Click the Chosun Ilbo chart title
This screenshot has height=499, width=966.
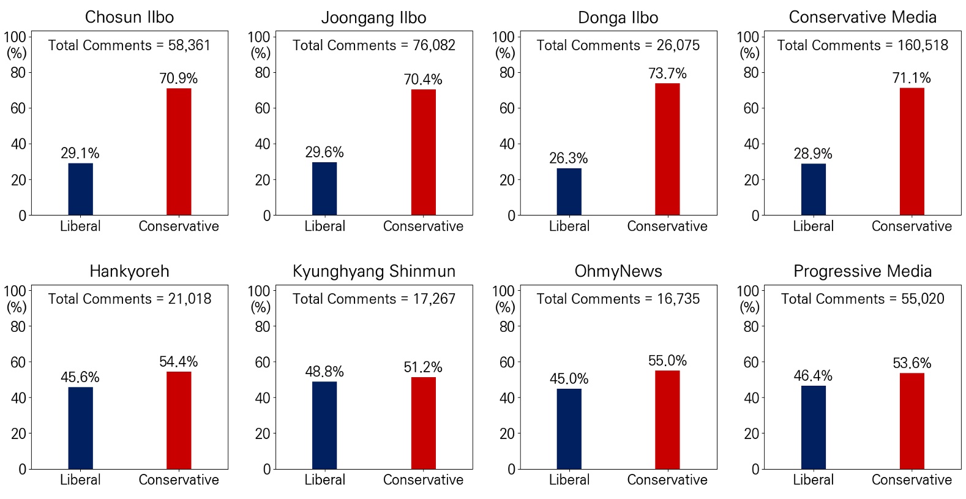(129, 17)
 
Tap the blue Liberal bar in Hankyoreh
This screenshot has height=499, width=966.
(80, 428)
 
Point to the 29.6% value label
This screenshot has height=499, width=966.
(324, 152)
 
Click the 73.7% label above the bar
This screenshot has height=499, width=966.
(667, 73)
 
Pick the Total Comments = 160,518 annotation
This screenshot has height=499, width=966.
(863, 45)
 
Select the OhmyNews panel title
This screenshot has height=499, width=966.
(618, 271)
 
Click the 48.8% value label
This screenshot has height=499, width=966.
(324, 372)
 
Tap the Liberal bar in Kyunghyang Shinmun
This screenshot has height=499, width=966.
(324, 425)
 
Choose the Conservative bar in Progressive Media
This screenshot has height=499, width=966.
(912, 421)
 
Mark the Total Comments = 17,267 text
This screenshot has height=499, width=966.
(374, 299)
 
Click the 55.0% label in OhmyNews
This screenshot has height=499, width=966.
(667, 361)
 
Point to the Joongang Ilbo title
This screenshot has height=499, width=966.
(374, 18)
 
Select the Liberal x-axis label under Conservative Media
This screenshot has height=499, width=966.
(813, 227)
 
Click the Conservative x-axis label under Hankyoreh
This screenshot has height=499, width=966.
(179, 480)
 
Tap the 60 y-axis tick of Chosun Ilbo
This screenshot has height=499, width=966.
(18, 108)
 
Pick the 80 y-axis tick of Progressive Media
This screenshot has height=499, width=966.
(751, 327)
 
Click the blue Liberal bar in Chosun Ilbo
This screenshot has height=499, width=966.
(80, 189)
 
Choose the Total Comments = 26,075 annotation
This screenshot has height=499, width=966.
(618, 45)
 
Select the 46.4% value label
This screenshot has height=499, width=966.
(813, 376)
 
